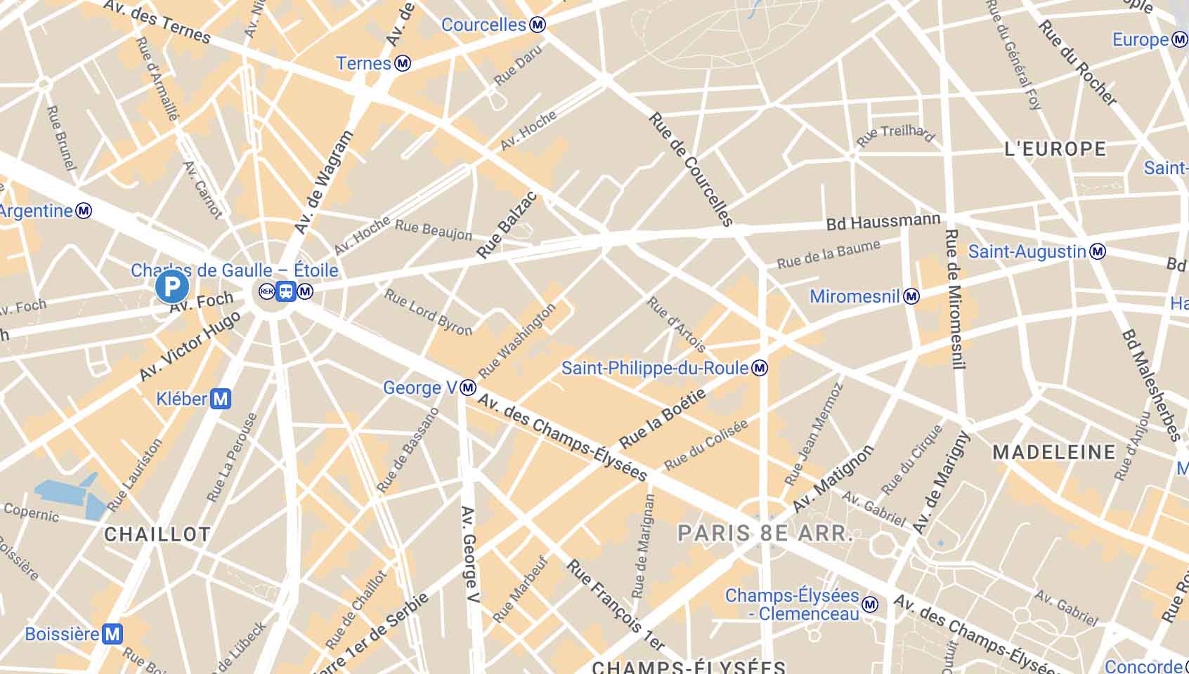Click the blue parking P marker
pyautogui.click(x=171, y=287)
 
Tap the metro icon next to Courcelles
pyautogui.click(x=538, y=25)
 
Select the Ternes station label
pyautogui.click(x=363, y=64)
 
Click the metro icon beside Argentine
pyautogui.click(x=84, y=211)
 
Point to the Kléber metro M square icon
pyautogui.click(x=221, y=399)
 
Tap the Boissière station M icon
pyautogui.click(x=112, y=635)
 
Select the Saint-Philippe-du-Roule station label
pyautogui.click(x=654, y=368)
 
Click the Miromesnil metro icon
pyautogui.click(x=911, y=296)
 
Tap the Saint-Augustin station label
pyautogui.click(x=1027, y=251)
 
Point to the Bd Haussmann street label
pyautogui.click(x=883, y=223)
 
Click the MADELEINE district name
pyautogui.click(x=1053, y=452)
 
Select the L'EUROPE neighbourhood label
pyautogui.click(x=1055, y=149)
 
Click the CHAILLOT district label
pyautogui.click(x=157, y=534)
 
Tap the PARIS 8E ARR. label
pyautogui.click(x=765, y=533)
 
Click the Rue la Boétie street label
pyautogui.click(x=662, y=419)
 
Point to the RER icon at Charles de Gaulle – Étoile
pyautogui.click(x=266, y=291)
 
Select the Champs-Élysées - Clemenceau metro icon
pyautogui.click(x=870, y=604)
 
